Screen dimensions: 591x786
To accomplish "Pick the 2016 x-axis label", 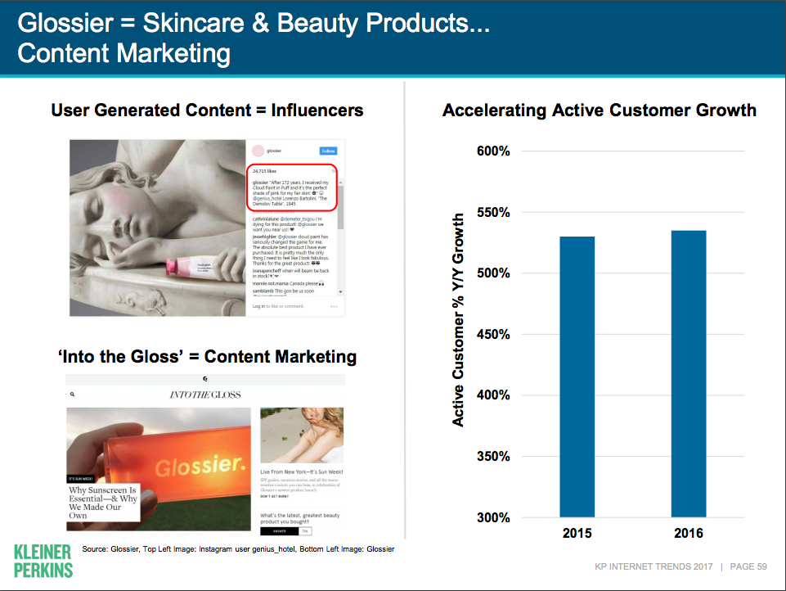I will point(689,534).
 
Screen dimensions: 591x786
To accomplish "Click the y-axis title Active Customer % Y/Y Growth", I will point(459,320).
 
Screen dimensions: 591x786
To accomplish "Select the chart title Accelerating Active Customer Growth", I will point(600,111).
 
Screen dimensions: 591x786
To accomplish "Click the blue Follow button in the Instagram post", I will point(328,151).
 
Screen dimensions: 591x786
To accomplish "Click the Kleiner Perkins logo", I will point(43,560).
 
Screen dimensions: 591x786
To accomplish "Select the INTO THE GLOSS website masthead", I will point(204,395).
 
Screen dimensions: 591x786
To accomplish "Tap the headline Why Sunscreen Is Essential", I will point(104,502).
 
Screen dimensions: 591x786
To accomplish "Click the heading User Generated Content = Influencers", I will point(207,111).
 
